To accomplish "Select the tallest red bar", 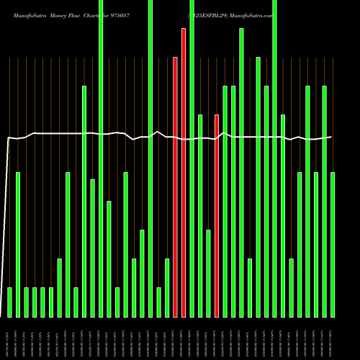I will pos(184,173).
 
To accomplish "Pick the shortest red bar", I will pos(217,216).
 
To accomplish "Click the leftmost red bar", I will pos(175,187).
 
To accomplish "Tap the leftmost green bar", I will pos(9,302).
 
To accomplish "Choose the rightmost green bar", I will pos(333,245).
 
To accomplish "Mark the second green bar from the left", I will pos(18,245).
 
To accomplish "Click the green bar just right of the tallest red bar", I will pos(192,158).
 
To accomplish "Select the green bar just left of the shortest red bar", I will pos(208,274).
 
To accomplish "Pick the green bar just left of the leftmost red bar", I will pos(167,288).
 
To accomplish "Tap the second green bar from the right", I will pos(325,202).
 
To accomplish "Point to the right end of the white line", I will pos(331,137).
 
